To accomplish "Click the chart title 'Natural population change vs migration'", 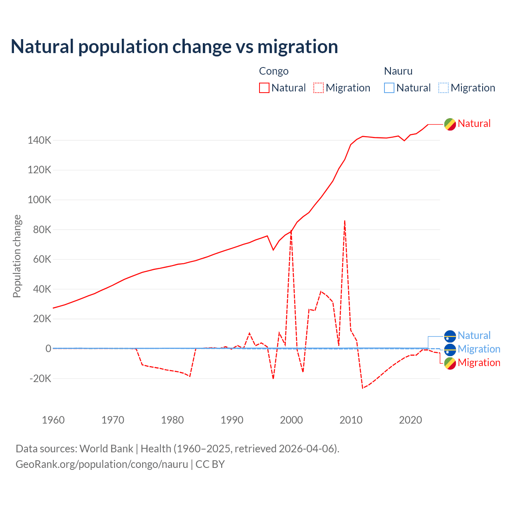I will point(174,47).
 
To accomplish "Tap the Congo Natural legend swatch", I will point(264,88).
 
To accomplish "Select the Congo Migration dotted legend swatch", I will point(319,88).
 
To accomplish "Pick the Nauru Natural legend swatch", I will point(389,88).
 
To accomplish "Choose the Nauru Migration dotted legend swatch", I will point(444,88).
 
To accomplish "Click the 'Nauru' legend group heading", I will point(398,71).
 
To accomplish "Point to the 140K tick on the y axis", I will point(40,141).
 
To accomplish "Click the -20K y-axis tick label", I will point(40,378).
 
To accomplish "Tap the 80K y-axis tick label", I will point(42,230).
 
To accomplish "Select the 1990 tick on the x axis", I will point(232,420).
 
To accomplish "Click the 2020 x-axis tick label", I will point(410,420).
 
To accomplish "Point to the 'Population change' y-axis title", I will point(17,256).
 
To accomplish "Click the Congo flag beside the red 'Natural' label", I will point(450,124).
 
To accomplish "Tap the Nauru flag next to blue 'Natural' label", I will point(450,336).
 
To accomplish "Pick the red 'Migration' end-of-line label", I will point(479,362).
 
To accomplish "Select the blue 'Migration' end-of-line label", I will point(479,349).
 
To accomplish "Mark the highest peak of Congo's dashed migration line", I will point(345,220).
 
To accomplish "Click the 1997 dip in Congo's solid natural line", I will point(273,250).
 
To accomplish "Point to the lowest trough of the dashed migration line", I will point(362,388).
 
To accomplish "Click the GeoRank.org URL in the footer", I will point(102,464).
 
